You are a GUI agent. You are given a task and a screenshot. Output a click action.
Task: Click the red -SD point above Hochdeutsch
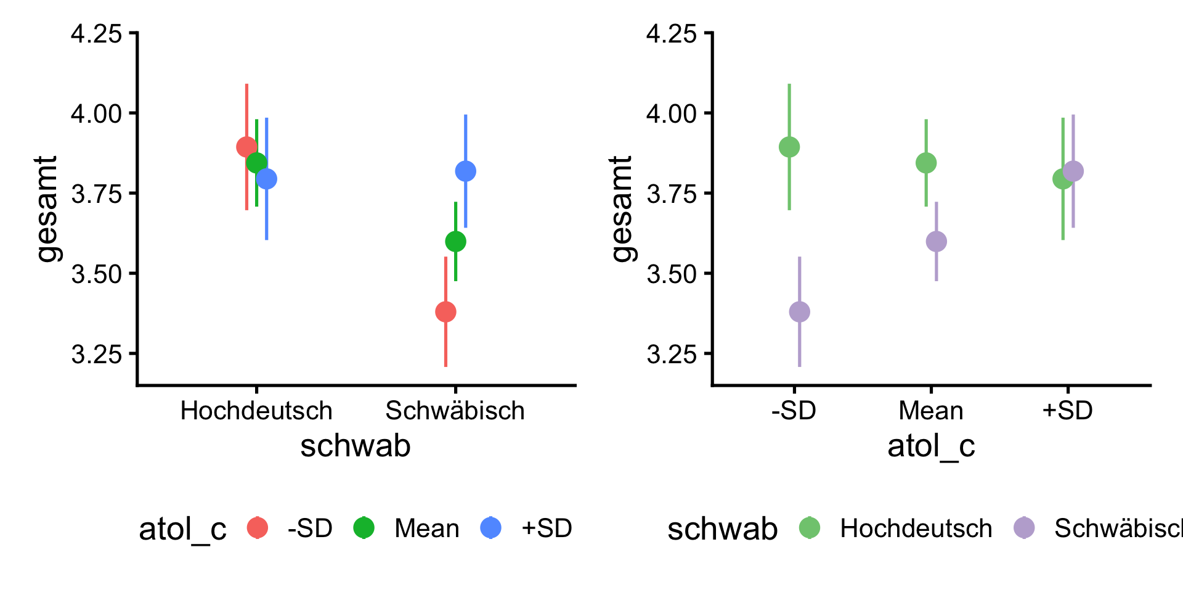click(246, 147)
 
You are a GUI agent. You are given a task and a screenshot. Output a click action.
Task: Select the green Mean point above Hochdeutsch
click(256, 163)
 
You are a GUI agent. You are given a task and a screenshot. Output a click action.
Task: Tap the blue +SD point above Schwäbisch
click(465, 171)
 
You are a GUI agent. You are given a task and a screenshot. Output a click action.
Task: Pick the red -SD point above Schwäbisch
click(445, 311)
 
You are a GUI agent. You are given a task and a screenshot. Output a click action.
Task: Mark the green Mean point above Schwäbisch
click(455, 241)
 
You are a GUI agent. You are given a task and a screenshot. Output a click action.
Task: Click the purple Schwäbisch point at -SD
click(799, 311)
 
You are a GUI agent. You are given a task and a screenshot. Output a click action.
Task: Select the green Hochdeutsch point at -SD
click(789, 147)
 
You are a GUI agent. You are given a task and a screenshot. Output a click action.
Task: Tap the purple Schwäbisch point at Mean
click(936, 241)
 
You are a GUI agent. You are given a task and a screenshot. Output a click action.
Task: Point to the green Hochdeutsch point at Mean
click(926, 163)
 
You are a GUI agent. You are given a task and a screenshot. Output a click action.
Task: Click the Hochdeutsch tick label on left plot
click(256, 411)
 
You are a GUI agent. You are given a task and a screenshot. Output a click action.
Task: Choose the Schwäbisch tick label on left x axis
click(455, 411)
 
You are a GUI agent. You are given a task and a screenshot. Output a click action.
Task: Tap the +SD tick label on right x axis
click(1067, 411)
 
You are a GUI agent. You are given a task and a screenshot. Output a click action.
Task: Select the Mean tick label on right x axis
click(930, 411)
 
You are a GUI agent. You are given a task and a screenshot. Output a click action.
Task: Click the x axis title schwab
click(356, 446)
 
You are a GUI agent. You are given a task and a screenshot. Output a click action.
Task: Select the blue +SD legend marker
click(491, 528)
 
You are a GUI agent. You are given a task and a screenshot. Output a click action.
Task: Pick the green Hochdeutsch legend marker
click(810, 528)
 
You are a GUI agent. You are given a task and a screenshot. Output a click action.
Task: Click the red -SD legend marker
click(258, 528)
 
